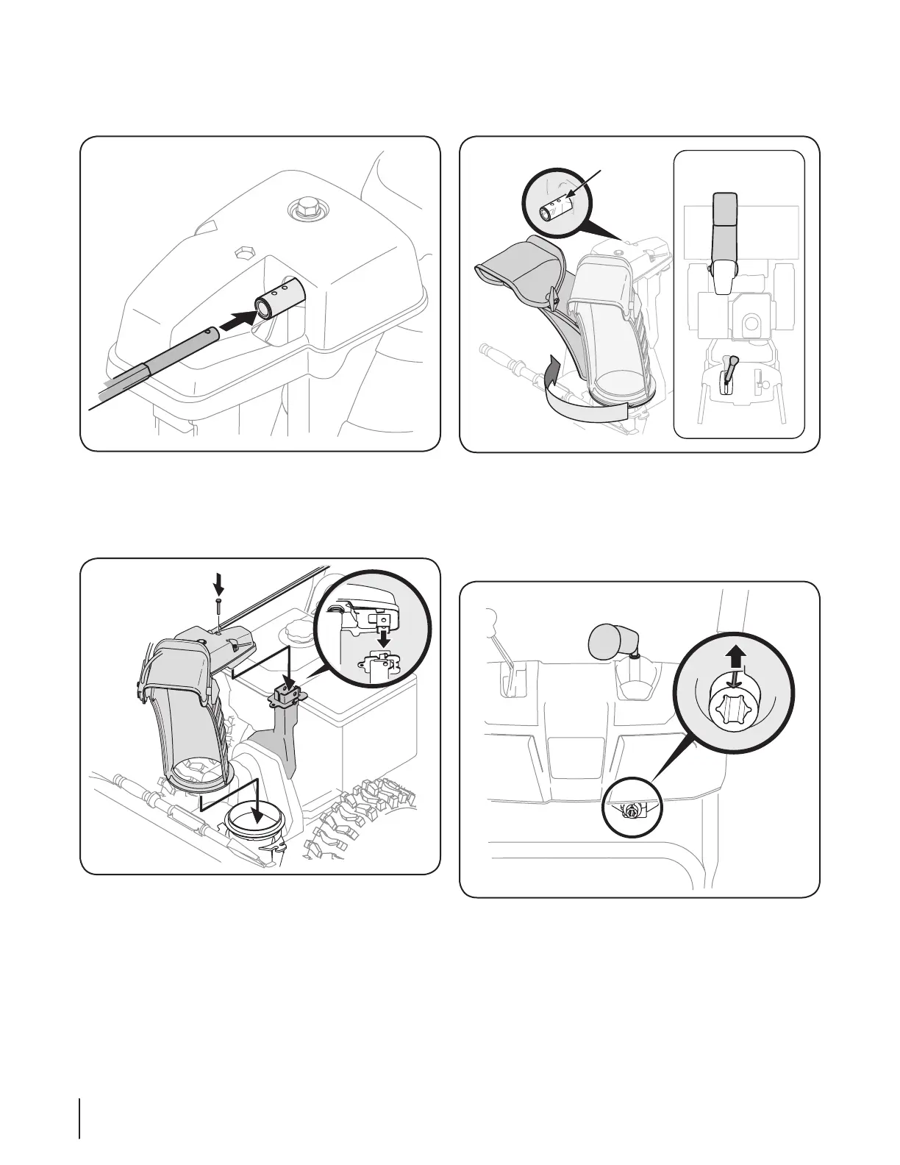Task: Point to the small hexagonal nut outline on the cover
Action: click(x=240, y=253)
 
